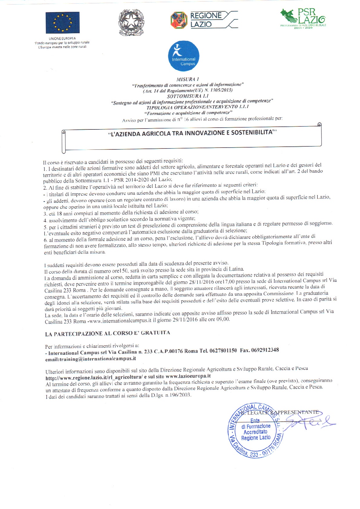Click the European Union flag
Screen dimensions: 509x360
pyautogui.click(x=63, y=23)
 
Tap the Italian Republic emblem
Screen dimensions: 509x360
pyautogui.click(x=131, y=23)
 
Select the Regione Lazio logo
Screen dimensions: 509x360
pyautogui.click(x=204, y=20)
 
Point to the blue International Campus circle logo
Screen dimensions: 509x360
pyautogui.click(x=184, y=56)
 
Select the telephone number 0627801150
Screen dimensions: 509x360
pyautogui.click(x=223, y=351)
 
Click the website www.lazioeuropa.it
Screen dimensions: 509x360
pyautogui.click(x=188, y=376)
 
